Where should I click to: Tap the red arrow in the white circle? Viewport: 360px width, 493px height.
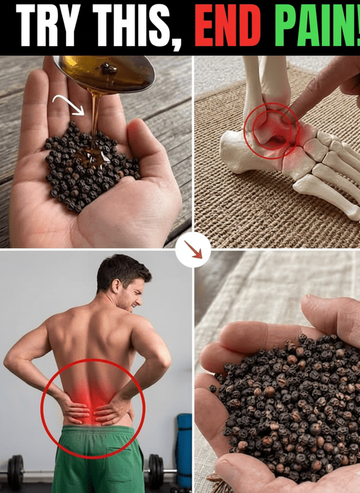pos(193,249)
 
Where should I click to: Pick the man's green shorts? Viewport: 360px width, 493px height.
pos(97,459)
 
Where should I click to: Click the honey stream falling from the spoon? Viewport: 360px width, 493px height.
pos(96,120)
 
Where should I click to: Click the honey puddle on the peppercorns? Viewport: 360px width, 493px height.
pos(91,156)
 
